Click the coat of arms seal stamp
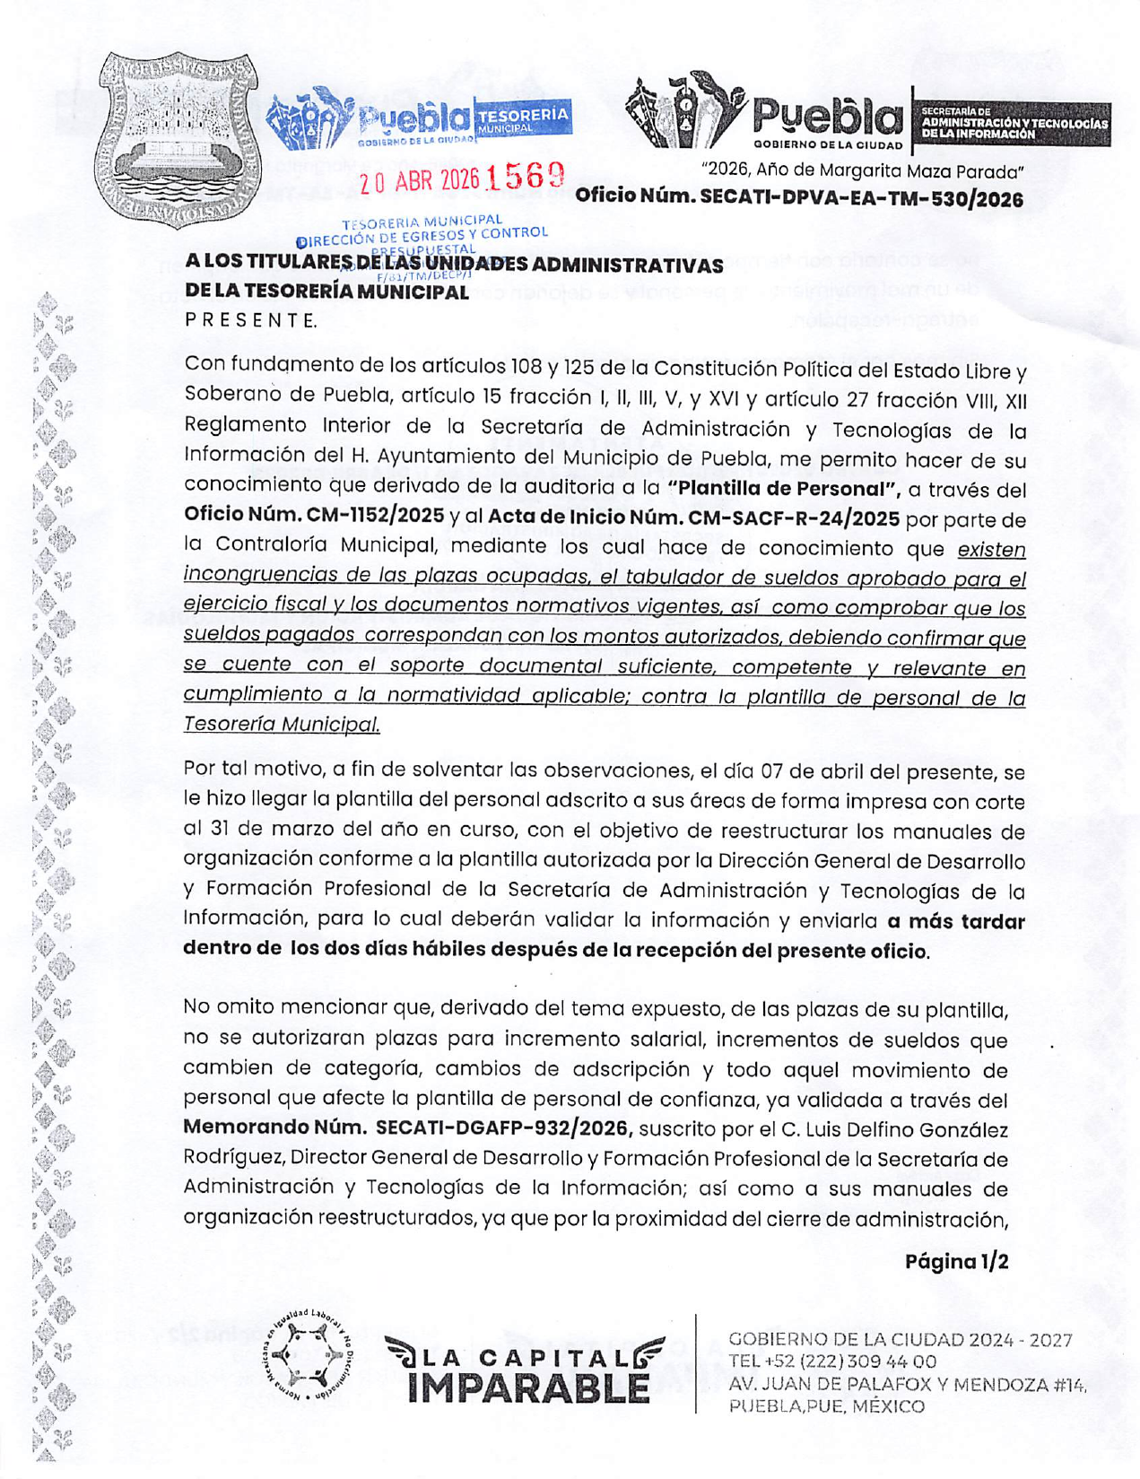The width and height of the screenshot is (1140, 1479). point(177,139)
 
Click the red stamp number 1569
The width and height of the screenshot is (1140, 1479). point(525,177)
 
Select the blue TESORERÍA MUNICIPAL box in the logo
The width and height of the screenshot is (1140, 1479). point(523,119)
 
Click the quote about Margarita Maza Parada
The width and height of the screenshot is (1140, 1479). point(863,170)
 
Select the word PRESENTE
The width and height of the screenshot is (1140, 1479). point(250,320)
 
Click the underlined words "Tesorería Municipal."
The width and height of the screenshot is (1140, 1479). point(282,725)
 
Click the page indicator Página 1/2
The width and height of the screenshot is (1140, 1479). point(956,1261)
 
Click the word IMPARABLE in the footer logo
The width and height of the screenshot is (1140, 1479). point(528,1388)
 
